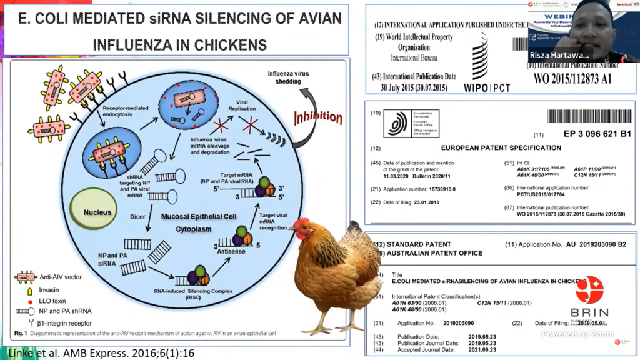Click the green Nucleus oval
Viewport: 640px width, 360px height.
click(97, 212)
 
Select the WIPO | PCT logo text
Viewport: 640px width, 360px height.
click(487, 87)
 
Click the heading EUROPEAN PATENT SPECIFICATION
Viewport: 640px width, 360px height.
click(501, 148)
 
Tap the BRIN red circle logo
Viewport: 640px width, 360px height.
click(589, 290)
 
